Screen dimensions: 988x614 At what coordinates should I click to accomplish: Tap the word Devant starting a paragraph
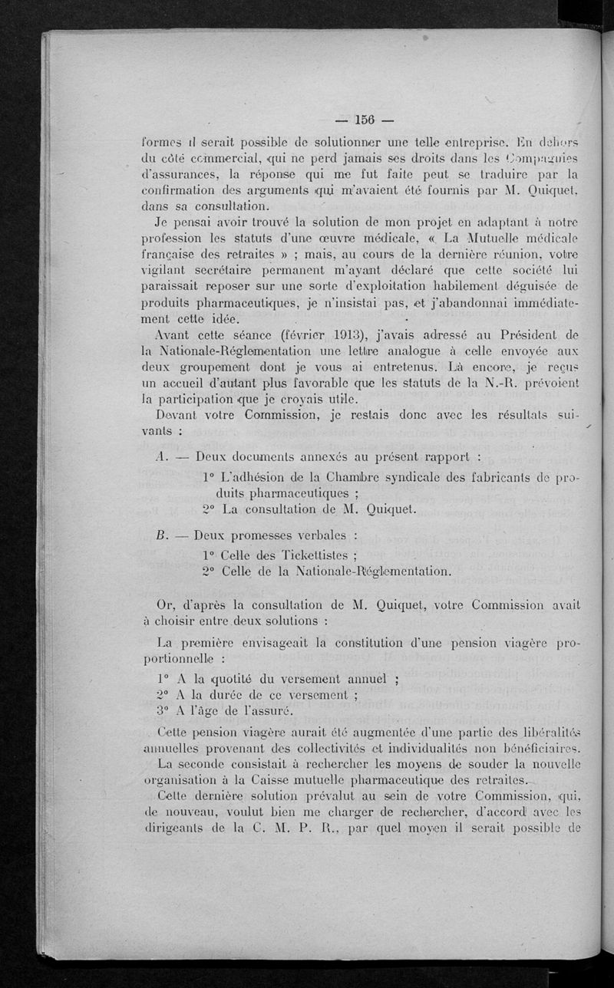click(170, 414)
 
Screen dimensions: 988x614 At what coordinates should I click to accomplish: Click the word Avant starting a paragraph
click(169, 334)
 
